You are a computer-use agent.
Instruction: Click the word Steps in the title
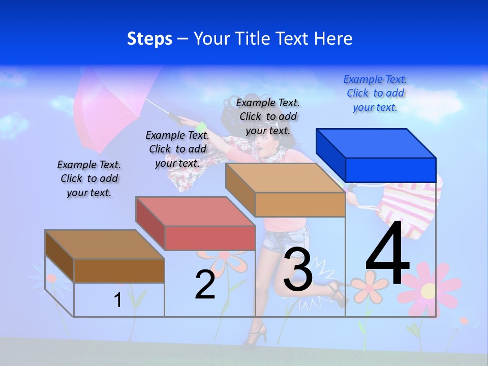149,39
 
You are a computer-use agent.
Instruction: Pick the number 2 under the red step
205,285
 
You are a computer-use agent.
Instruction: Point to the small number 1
118,300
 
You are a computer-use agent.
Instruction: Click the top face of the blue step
375,143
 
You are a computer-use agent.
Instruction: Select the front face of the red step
210,238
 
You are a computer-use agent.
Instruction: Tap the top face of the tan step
285,178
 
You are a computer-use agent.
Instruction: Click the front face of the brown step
119,270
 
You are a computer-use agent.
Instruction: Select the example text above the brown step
89,178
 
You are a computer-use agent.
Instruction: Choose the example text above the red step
177,149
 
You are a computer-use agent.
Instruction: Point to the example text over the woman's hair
268,116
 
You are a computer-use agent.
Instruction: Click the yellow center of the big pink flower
428,291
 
